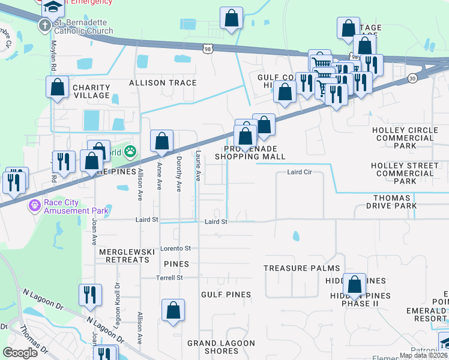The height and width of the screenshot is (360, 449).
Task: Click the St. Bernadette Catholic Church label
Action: tap(83, 26)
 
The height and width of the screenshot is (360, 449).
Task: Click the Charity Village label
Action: tap(91, 91)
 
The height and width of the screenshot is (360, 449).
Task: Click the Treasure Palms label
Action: tap(301, 268)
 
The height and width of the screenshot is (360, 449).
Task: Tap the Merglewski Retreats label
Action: tap(127, 255)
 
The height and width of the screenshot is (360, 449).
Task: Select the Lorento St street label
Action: tap(175, 248)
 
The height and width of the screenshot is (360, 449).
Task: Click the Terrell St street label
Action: tap(170, 278)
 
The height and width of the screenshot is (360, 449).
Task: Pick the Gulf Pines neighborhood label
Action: tap(226, 295)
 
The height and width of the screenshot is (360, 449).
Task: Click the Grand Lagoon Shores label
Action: tap(221, 347)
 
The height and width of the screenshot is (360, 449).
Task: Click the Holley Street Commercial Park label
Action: tap(405, 173)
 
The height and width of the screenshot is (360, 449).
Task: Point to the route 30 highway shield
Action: tap(412, 78)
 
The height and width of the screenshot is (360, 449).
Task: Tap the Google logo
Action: tap(20, 353)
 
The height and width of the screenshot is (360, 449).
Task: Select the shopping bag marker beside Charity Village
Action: tap(57, 88)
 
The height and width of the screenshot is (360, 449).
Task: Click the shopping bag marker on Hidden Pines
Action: tap(355, 285)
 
